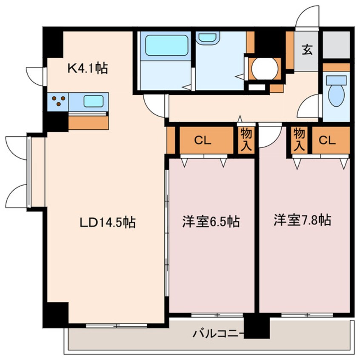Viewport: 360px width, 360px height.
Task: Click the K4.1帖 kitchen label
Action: [88, 67]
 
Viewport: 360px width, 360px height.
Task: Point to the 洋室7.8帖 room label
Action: [302, 220]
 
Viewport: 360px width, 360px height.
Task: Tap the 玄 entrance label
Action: [307, 50]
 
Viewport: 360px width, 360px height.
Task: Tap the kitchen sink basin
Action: [92, 101]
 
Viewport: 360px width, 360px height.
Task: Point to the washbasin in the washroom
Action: [207, 37]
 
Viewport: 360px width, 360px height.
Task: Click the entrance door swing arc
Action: [307, 17]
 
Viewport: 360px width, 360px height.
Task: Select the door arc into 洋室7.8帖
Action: [269, 135]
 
